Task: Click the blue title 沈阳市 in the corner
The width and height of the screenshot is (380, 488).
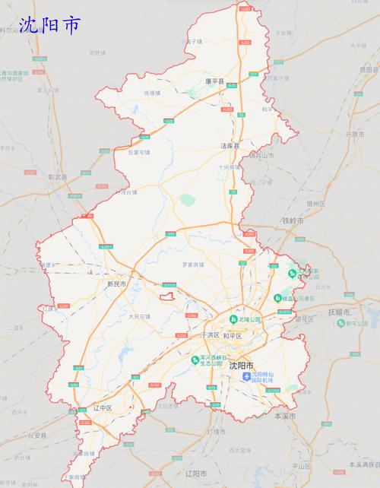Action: (x=49, y=26)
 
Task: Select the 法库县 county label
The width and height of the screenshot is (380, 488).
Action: (x=230, y=145)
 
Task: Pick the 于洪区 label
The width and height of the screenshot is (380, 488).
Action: (x=209, y=335)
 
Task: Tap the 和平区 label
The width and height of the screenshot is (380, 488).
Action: (x=233, y=335)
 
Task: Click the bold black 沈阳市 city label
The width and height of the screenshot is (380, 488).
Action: (x=241, y=365)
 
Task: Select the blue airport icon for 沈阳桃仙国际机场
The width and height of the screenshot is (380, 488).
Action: (x=246, y=378)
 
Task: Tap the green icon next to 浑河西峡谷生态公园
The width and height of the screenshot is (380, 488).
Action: (x=195, y=359)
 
